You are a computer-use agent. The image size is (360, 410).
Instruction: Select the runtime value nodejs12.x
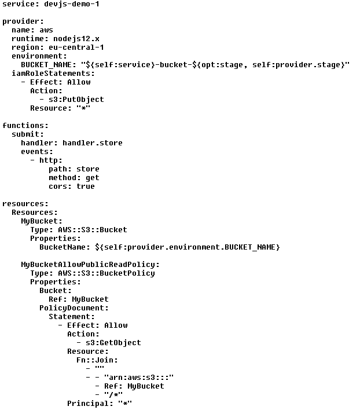pyautogui.click(x=80, y=39)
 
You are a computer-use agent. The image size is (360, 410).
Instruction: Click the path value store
pyautogui.click(x=87, y=169)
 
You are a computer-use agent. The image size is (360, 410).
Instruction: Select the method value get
pyautogui.click(x=92, y=178)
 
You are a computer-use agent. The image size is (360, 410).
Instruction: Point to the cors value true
pyautogui.click(x=85, y=186)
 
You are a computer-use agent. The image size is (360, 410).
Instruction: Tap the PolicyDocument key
pyautogui.click(x=74, y=308)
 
